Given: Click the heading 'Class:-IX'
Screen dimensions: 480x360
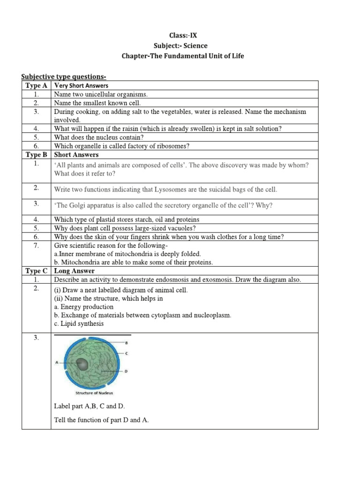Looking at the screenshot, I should (180, 35).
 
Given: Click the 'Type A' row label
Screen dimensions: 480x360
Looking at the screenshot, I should (36, 85).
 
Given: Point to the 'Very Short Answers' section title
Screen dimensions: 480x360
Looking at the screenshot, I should (81, 85).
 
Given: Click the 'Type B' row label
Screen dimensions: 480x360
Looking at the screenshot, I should (36, 154).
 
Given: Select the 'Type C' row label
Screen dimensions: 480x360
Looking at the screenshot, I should (36, 271).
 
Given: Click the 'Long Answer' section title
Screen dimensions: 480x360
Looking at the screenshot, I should (74, 271).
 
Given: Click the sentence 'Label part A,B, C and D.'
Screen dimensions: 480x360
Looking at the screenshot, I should (90, 406).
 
